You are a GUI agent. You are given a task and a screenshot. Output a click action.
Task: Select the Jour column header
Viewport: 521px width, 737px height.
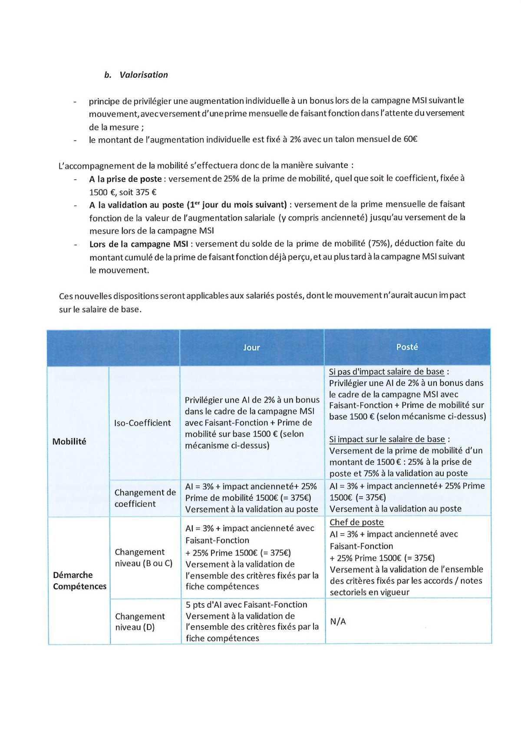[x=251, y=347]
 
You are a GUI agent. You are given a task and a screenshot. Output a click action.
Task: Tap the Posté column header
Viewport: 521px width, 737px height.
[x=407, y=347]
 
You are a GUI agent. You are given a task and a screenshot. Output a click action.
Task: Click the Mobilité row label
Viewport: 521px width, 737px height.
[x=69, y=441]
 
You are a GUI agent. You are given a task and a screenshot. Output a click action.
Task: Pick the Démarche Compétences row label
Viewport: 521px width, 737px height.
[x=79, y=581]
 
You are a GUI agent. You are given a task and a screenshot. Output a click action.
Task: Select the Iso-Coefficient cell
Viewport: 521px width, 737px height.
[x=142, y=423]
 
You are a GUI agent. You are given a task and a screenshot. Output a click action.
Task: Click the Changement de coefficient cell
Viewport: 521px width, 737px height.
[x=145, y=498]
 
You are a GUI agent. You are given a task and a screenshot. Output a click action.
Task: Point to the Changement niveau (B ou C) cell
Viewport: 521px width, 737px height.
[x=143, y=558]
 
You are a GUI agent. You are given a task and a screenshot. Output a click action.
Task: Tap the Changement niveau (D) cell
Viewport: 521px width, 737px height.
[x=140, y=621]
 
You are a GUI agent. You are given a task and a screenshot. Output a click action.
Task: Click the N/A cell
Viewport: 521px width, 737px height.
[x=338, y=621]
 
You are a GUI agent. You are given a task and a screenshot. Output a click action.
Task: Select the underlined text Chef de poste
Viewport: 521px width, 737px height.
[x=356, y=522]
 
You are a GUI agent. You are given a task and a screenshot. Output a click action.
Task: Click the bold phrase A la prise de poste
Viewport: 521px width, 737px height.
[x=125, y=179]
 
